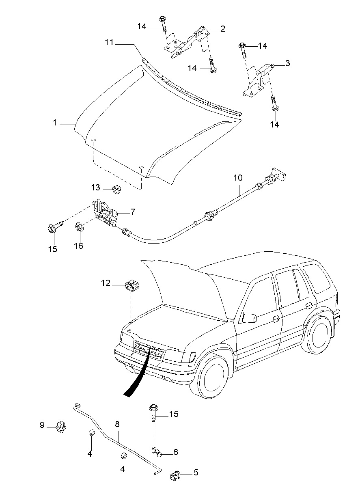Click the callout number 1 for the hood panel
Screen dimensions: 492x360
coord(55,123)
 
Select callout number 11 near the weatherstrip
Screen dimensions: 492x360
coord(109,42)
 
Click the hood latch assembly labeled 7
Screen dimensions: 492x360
coord(105,212)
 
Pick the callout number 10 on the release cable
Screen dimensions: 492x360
coord(237,177)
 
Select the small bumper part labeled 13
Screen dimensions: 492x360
coord(117,188)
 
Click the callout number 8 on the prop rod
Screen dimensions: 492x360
coord(117,424)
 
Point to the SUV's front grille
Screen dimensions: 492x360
coord(149,350)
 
